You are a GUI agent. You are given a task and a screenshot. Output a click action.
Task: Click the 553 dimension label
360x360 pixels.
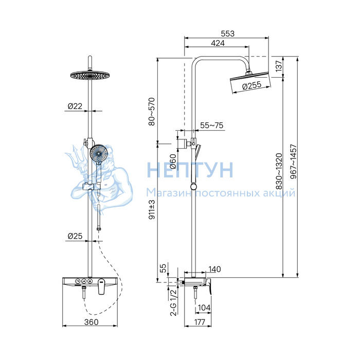pyautogui.click(x=227, y=33)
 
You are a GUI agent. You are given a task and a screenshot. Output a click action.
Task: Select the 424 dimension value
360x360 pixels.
pyautogui.click(x=218, y=43)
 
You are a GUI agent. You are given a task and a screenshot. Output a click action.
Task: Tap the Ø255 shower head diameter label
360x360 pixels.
pyautogui.click(x=252, y=85)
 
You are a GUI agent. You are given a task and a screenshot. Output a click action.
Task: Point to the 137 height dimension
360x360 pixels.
pyautogui.click(x=278, y=66)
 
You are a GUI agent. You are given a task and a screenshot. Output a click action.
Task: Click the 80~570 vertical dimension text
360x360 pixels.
pyautogui.click(x=152, y=112)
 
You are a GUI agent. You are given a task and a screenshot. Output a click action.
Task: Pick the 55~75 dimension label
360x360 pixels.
pyautogui.click(x=212, y=125)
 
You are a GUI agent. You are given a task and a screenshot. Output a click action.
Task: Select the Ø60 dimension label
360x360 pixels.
pyautogui.click(x=173, y=161)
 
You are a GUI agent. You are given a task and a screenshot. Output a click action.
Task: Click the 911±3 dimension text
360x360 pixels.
pyautogui.click(x=152, y=209)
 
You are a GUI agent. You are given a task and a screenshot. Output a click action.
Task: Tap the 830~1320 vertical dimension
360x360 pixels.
pyautogui.click(x=279, y=171)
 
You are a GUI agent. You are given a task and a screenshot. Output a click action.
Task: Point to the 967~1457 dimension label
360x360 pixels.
pyautogui.click(x=294, y=161)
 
